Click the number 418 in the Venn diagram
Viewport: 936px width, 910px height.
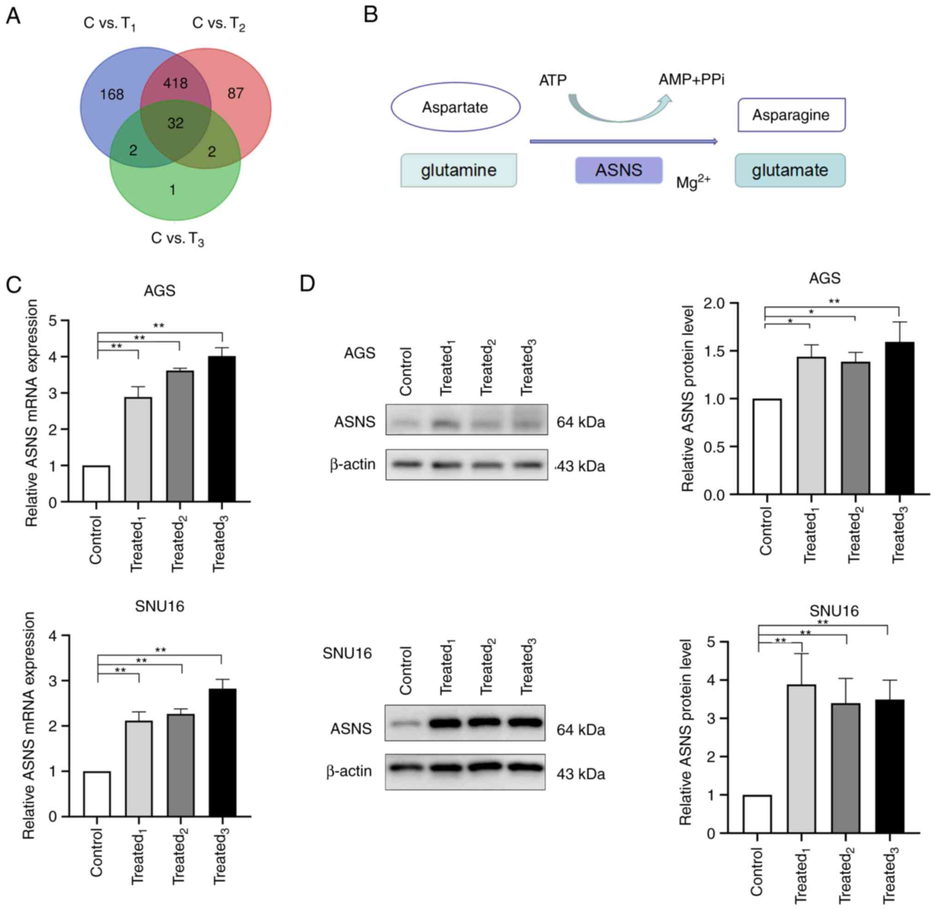point(175,84)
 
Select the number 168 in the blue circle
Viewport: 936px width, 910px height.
point(112,94)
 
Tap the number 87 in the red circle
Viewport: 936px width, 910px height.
point(235,93)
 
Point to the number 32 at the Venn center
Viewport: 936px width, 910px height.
point(175,124)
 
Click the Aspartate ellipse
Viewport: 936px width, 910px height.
point(455,107)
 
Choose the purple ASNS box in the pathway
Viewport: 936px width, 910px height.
point(619,170)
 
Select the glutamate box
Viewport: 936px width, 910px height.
point(790,170)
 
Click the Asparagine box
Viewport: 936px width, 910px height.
point(791,115)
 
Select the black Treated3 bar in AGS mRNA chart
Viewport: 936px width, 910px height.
point(222,429)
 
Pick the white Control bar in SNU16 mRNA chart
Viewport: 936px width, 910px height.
point(97,794)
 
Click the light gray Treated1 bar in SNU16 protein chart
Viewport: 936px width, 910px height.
point(801,759)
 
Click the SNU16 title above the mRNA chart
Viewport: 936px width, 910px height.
point(159,607)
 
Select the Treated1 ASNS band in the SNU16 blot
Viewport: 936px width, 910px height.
point(445,723)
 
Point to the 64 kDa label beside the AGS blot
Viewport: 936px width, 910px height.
point(581,422)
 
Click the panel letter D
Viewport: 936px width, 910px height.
point(307,284)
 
